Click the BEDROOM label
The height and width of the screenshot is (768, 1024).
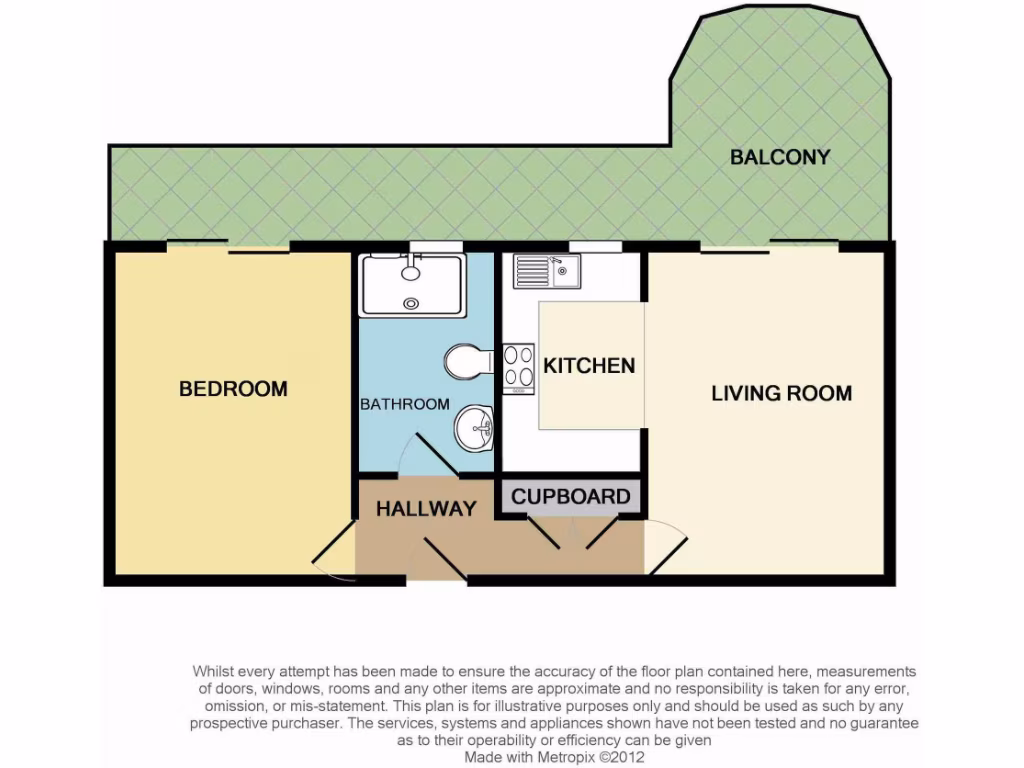233,389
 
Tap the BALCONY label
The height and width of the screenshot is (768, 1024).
780,157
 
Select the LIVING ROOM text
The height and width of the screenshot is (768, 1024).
781,393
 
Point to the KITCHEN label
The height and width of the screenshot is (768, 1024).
589,366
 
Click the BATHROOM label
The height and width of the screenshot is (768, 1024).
405,404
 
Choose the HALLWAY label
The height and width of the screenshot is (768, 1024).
426,509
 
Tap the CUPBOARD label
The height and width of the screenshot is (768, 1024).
571,497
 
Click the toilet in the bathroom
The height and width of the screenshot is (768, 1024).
467,362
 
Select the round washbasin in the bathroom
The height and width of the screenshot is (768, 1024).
474,429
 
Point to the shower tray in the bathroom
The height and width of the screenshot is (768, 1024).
412,285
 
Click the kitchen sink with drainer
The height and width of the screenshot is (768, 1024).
546,270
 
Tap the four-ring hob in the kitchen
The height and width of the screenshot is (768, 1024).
518,365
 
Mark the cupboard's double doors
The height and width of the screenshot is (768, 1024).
573,532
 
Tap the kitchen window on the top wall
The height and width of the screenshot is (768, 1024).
589,247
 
